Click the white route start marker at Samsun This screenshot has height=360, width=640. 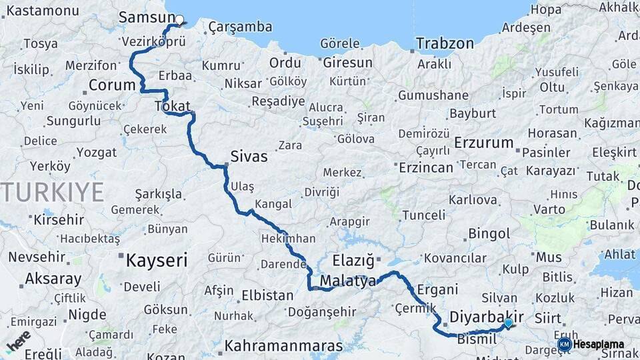[x=179, y=19]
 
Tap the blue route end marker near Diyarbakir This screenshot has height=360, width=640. [x=509, y=323]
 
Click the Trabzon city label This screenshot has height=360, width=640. [x=445, y=44]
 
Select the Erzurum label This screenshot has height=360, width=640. [x=484, y=143]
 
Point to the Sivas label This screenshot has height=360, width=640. [x=249, y=157]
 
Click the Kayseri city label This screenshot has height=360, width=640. [x=157, y=260]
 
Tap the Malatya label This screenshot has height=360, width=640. [x=347, y=281]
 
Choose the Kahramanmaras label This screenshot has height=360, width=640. [x=283, y=347]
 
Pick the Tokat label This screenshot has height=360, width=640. [x=172, y=106]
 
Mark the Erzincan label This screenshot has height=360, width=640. [x=425, y=167]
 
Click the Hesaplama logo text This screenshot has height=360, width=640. [x=599, y=345]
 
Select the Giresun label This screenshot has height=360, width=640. [x=347, y=63]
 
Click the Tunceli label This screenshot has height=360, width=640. [x=423, y=215]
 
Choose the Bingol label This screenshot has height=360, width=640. [x=489, y=234]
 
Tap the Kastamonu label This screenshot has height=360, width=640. [x=42, y=11]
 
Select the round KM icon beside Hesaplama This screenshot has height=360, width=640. [x=564, y=345]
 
